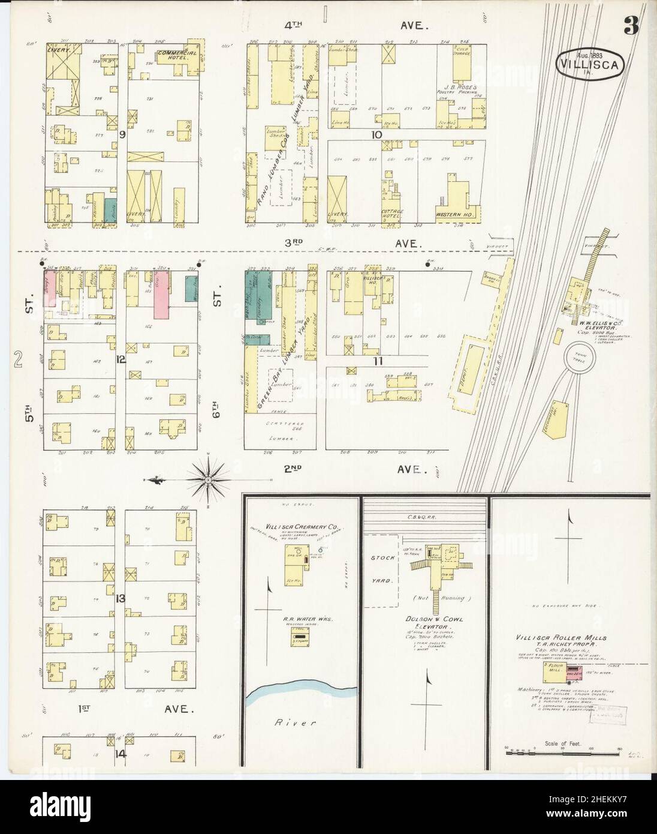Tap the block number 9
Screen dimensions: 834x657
122,135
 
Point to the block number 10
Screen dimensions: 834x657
376,135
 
